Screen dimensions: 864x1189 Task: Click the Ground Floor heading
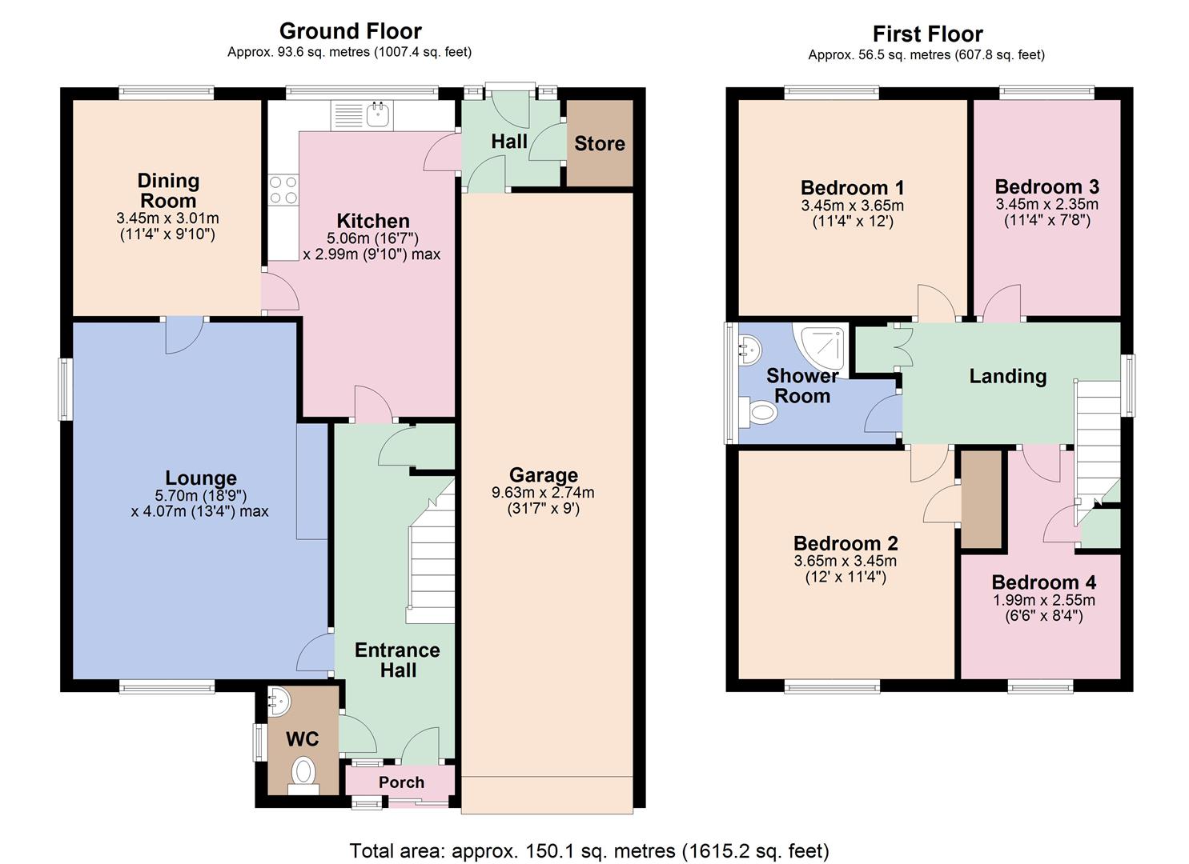tap(350, 31)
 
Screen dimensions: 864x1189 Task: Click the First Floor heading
tap(927, 34)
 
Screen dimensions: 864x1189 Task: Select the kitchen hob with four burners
tap(283, 190)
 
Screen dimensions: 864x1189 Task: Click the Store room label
tap(599, 144)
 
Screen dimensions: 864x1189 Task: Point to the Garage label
tap(543, 475)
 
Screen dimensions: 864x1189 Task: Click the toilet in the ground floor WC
tap(303, 773)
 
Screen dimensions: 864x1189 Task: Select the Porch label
tap(401, 782)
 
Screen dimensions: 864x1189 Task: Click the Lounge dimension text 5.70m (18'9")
tap(200, 496)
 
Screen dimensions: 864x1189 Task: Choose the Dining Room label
tap(168, 190)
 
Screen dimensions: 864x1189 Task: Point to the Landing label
tap(1007, 376)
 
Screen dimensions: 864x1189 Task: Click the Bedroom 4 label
tap(1043, 582)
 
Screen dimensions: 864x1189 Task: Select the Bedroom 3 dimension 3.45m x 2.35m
tap(1046, 205)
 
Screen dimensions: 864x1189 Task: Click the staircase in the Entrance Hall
tap(431, 560)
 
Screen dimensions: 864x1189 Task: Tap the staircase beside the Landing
tap(1097, 440)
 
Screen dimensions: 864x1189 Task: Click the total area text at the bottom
tap(589, 850)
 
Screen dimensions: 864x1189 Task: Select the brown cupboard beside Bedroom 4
tap(982, 499)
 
